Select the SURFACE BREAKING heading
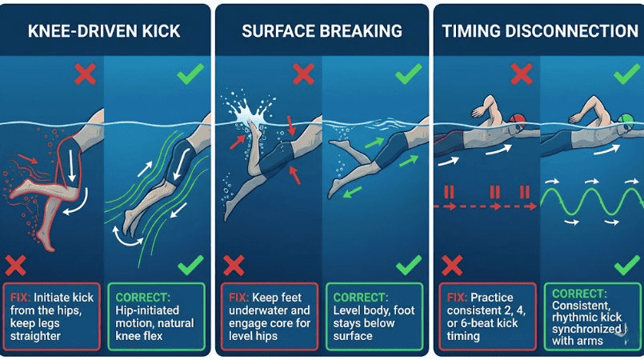(x=322, y=31)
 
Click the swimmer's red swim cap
(x=518, y=119)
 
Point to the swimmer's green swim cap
(x=626, y=119)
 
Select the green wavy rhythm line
(x=592, y=202)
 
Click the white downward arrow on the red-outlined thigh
(x=72, y=166)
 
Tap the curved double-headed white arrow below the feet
(x=127, y=239)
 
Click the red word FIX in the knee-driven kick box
(x=20, y=297)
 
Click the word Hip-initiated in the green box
(x=147, y=310)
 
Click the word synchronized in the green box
(x=586, y=330)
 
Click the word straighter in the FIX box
(x=35, y=336)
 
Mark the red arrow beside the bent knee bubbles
(x=28, y=158)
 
